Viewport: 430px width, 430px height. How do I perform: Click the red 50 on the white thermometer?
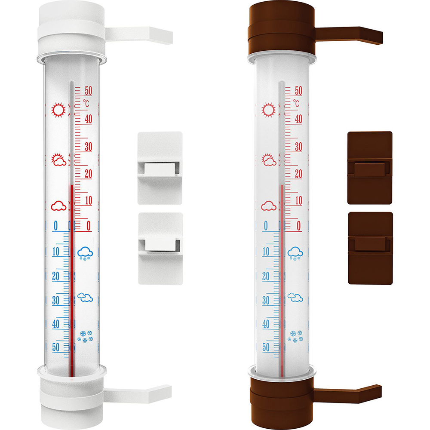point(88,90)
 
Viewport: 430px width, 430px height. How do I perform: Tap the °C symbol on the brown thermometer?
point(296,103)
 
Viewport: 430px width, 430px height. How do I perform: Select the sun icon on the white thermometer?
point(58,110)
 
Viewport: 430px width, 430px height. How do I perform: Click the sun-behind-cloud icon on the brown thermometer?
point(269,160)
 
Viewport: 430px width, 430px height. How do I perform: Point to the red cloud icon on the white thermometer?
point(58,206)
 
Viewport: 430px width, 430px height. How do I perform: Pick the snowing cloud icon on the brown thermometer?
point(295,253)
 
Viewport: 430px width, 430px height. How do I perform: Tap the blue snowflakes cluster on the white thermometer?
point(85,336)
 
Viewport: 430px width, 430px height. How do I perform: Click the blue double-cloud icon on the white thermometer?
point(85,297)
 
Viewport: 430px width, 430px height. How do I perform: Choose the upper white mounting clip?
point(160,168)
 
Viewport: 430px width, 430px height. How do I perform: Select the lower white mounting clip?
point(160,249)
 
